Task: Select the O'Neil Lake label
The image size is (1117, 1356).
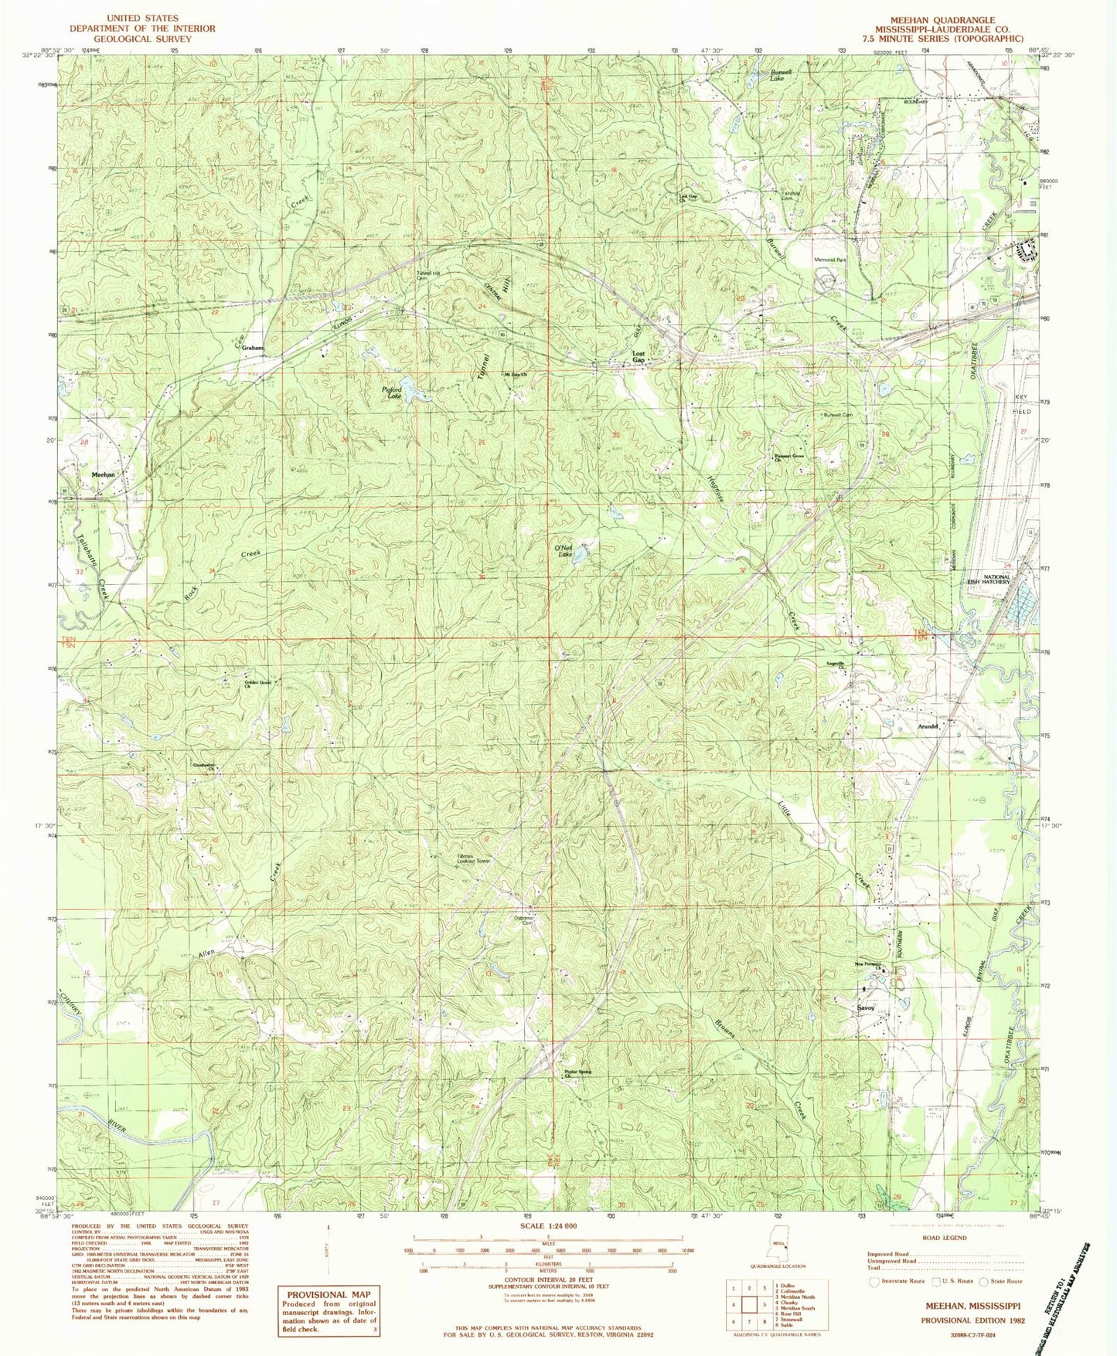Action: coord(563,551)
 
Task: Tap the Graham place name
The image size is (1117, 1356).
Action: coord(253,348)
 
